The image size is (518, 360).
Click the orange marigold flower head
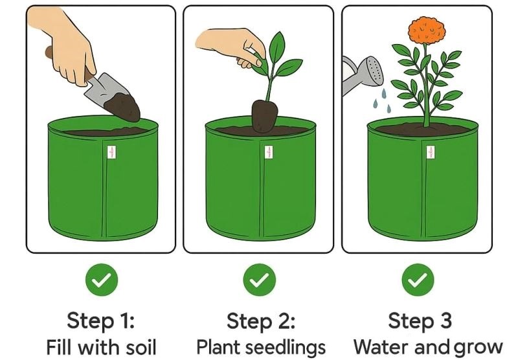pyautogui.click(x=427, y=30)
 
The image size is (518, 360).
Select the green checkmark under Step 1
pyautogui.click(x=102, y=280)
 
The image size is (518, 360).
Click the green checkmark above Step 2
pyautogui.click(x=260, y=280)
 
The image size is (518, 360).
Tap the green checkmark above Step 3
pyautogui.click(x=418, y=280)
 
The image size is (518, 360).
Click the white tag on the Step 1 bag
pyautogui.click(x=111, y=152)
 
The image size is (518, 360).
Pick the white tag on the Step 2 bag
pyautogui.click(x=269, y=152)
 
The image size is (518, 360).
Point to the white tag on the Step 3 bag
pyautogui.click(x=431, y=152)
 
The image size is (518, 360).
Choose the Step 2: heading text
pyautogui.click(x=261, y=321)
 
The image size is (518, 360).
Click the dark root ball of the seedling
pyautogui.click(x=264, y=116)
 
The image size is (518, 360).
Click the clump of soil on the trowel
pyautogui.click(x=123, y=106)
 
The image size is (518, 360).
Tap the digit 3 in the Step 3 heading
pyautogui.click(x=445, y=321)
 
